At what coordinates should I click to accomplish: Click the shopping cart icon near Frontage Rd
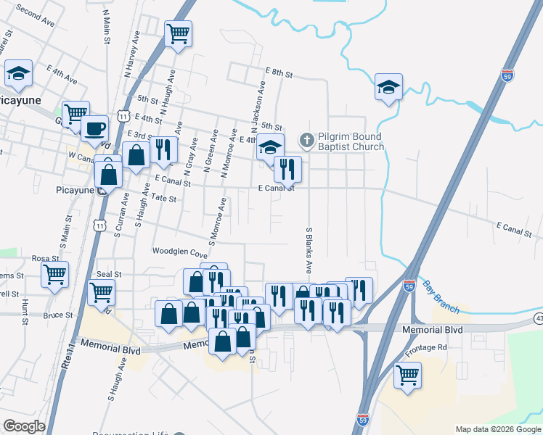tap(407, 375)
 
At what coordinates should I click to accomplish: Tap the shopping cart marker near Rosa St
tap(55, 275)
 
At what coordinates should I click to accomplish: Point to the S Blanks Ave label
tap(309, 249)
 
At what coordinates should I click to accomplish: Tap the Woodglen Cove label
tap(179, 252)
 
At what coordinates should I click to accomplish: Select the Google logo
tap(24, 426)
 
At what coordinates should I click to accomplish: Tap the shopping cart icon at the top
tap(178, 33)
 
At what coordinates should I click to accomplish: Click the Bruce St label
tap(58, 316)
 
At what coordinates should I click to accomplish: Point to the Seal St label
tap(109, 274)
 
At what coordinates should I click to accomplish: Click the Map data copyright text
tap(498, 429)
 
